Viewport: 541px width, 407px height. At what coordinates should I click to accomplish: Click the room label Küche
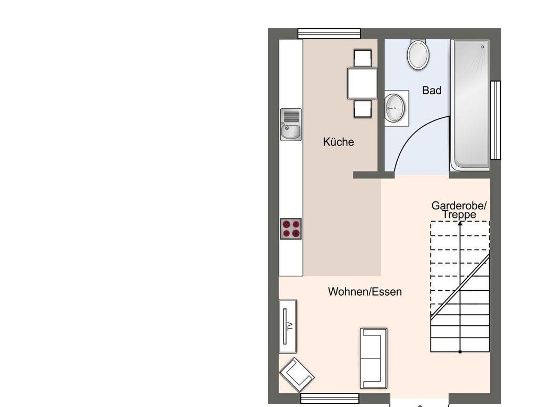point(338,142)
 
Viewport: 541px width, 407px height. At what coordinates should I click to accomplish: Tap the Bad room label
point(432,91)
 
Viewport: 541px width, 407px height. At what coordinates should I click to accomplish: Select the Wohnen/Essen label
point(365,292)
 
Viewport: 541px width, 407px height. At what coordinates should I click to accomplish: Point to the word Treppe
point(459,215)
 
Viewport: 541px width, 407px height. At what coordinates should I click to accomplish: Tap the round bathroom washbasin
point(394,108)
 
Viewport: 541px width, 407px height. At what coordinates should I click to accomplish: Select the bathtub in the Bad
point(470,105)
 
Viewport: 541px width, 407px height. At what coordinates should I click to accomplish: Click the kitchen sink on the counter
point(291,124)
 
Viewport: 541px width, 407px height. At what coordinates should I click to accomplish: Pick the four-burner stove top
point(291,229)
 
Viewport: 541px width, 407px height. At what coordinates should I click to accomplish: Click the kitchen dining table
point(362,83)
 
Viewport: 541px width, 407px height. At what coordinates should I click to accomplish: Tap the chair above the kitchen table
point(363,58)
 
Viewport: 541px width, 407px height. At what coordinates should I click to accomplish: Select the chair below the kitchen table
point(363,108)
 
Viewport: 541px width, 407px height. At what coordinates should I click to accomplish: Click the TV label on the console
point(290,326)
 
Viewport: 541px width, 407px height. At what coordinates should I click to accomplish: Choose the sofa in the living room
point(374,358)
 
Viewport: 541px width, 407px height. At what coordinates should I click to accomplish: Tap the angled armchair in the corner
point(297,375)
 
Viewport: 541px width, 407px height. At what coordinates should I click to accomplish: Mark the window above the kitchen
point(329,34)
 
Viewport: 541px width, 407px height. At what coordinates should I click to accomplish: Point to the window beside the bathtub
point(496,120)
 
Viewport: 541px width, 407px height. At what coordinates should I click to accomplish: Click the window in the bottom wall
point(330,398)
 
